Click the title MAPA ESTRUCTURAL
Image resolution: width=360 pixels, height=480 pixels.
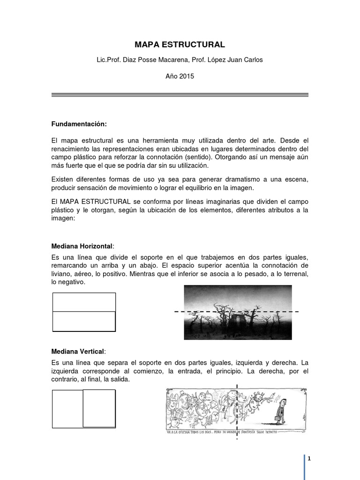[x=180, y=45]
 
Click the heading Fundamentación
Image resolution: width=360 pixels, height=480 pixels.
[x=79, y=124]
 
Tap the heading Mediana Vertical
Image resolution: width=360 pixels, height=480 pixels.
[x=78, y=351]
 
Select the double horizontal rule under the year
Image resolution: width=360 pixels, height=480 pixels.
[x=180, y=95]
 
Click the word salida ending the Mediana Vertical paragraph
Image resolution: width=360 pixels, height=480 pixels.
[x=118, y=379]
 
